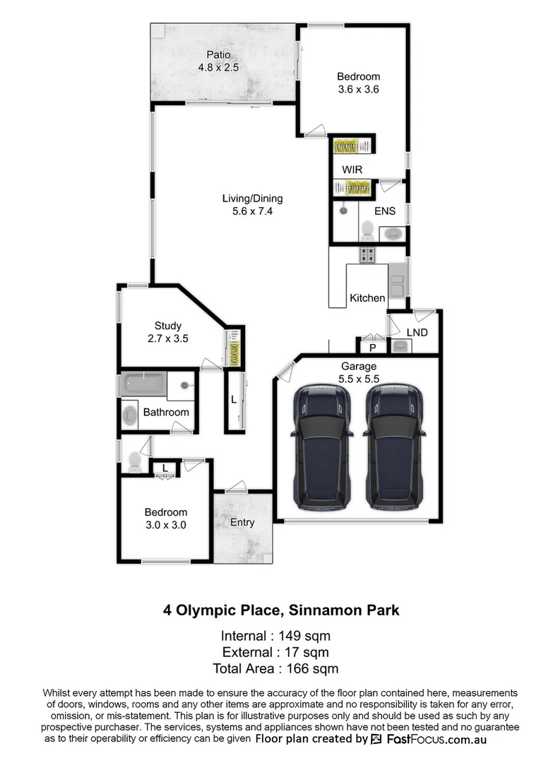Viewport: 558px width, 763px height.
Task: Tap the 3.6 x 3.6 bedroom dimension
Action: tap(358, 90)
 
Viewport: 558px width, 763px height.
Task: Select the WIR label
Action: tap(352, 170)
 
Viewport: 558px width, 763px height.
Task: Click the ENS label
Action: tap(385, 211)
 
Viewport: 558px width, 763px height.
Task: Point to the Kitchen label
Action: tap(367, 298)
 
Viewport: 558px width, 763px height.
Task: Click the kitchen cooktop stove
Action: tap(367, 254)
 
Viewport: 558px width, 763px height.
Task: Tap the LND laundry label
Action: tap(417, 332)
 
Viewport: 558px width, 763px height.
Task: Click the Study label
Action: tap(167, 326)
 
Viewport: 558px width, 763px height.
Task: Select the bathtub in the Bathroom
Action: tap(146, 385)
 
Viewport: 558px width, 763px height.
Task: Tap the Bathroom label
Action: tap(166, 412)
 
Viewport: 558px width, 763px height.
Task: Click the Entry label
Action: tap(242, 523)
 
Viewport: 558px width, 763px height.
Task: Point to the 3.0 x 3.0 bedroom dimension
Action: tap(166, 524)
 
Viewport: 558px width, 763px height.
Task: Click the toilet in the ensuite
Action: tap(367, 228)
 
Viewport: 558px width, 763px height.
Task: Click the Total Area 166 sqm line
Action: tap(275, 668)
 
